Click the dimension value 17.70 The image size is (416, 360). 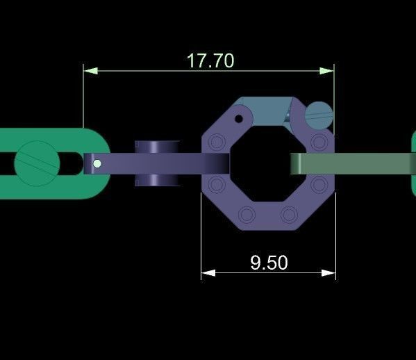(210, 60)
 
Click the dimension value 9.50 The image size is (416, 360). (268, 262)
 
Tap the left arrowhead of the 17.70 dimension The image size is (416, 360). (88, 70)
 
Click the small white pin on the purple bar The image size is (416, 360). (97, 164)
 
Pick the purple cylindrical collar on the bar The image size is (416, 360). (157, 163)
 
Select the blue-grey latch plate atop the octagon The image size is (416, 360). (264, 111)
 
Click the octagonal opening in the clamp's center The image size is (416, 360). (267, 165)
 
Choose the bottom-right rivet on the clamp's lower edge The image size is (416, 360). (288, 213)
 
